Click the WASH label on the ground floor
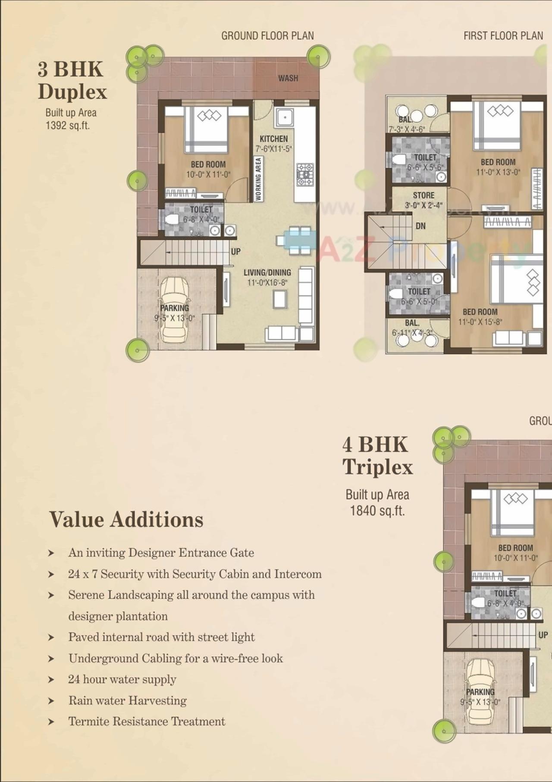tap(288, 78)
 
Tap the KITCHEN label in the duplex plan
tap(273, 139)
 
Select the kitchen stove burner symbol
tap(305, 174)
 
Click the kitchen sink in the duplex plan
tap(285, 117)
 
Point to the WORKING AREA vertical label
tap(258, 179)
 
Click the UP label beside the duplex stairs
tap(235, 251)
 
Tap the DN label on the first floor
tap(420, 226)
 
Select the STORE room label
tap(423, 195)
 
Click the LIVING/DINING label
tap(267, 272)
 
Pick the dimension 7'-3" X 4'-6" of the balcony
tap(407, 129)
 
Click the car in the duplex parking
tap(175, 309)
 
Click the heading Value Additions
tap(126, 519)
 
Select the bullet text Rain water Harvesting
tap(128, 700)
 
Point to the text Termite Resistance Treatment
tap(147, 722)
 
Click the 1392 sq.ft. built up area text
tap(68, 126)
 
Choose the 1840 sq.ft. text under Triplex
tap(377, 511)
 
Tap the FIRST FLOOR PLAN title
tap(503, 36)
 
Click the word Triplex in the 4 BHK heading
tap(378, 467)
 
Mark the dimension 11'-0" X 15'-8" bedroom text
tap(480, 322)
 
